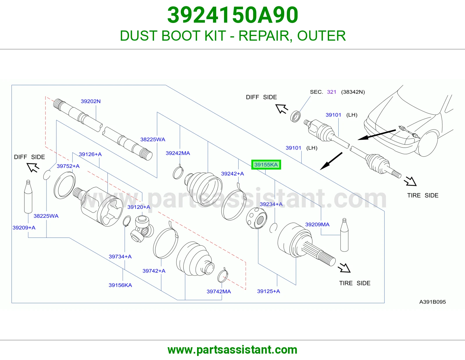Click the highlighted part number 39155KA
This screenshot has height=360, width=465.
[266, 165]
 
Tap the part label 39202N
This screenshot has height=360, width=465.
[90, 101]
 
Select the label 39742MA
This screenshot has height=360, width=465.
[219, 291]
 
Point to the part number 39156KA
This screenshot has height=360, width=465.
[120, 285]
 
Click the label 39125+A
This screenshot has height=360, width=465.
[269, 291]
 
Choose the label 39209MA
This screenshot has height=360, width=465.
[317, 224]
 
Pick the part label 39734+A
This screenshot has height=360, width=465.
[120, 257]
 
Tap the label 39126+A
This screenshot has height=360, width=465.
[90, 154]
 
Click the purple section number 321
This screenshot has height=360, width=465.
[332, 92]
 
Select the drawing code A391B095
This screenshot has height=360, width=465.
[432, 302]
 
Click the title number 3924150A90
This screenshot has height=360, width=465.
[233, 15]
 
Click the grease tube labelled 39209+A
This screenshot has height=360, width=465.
[28, 197]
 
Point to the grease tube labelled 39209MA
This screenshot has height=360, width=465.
[344, 235]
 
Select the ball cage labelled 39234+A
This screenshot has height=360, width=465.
[257, 218]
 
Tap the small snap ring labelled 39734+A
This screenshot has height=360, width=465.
[127, 221]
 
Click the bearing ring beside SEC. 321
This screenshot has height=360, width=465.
[295, 116]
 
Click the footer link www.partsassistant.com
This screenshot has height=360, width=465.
[233, 350]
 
